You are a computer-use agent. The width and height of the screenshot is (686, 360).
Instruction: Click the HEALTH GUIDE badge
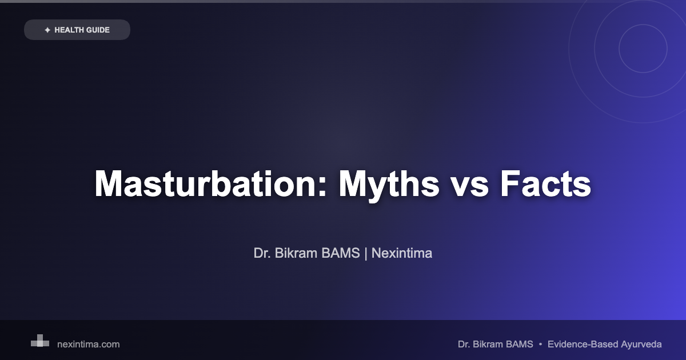point(77,30)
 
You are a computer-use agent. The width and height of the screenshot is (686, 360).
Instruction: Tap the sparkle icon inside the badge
point(47,30)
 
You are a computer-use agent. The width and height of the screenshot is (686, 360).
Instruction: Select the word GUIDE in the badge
point(98,30)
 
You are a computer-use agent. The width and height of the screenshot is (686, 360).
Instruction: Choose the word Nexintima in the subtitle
point(402,253)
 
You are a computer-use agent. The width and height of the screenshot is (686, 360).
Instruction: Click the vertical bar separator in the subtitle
point(365,253)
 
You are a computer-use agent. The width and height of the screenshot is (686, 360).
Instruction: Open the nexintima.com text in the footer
point(89,345)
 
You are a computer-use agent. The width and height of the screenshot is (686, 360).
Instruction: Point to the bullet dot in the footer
point(540,345)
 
